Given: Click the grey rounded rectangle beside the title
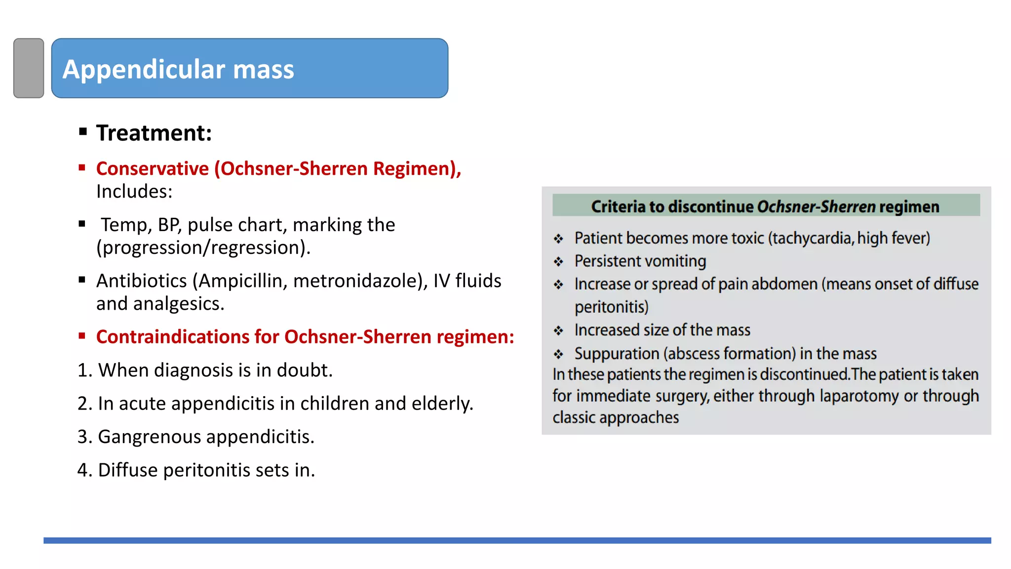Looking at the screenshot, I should [x=29, y=68].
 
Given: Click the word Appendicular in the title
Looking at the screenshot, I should [x=144, y=69].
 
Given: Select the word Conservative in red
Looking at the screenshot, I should [x=153, y=169].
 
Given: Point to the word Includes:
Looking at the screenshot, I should [x=134, y=192].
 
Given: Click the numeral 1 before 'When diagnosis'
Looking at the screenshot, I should [x=82, y=370].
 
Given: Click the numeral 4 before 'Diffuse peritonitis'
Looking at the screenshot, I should [x=82, y=470].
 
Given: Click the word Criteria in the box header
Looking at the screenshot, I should [x=618, y=206].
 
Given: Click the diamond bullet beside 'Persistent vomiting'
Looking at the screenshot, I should [x=558, y=262].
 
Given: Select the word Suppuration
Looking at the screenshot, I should [x=617, y=354].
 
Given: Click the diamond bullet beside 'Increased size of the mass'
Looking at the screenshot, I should [x=558, y=330].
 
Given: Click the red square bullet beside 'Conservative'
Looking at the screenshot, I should [x=82, y=168].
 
